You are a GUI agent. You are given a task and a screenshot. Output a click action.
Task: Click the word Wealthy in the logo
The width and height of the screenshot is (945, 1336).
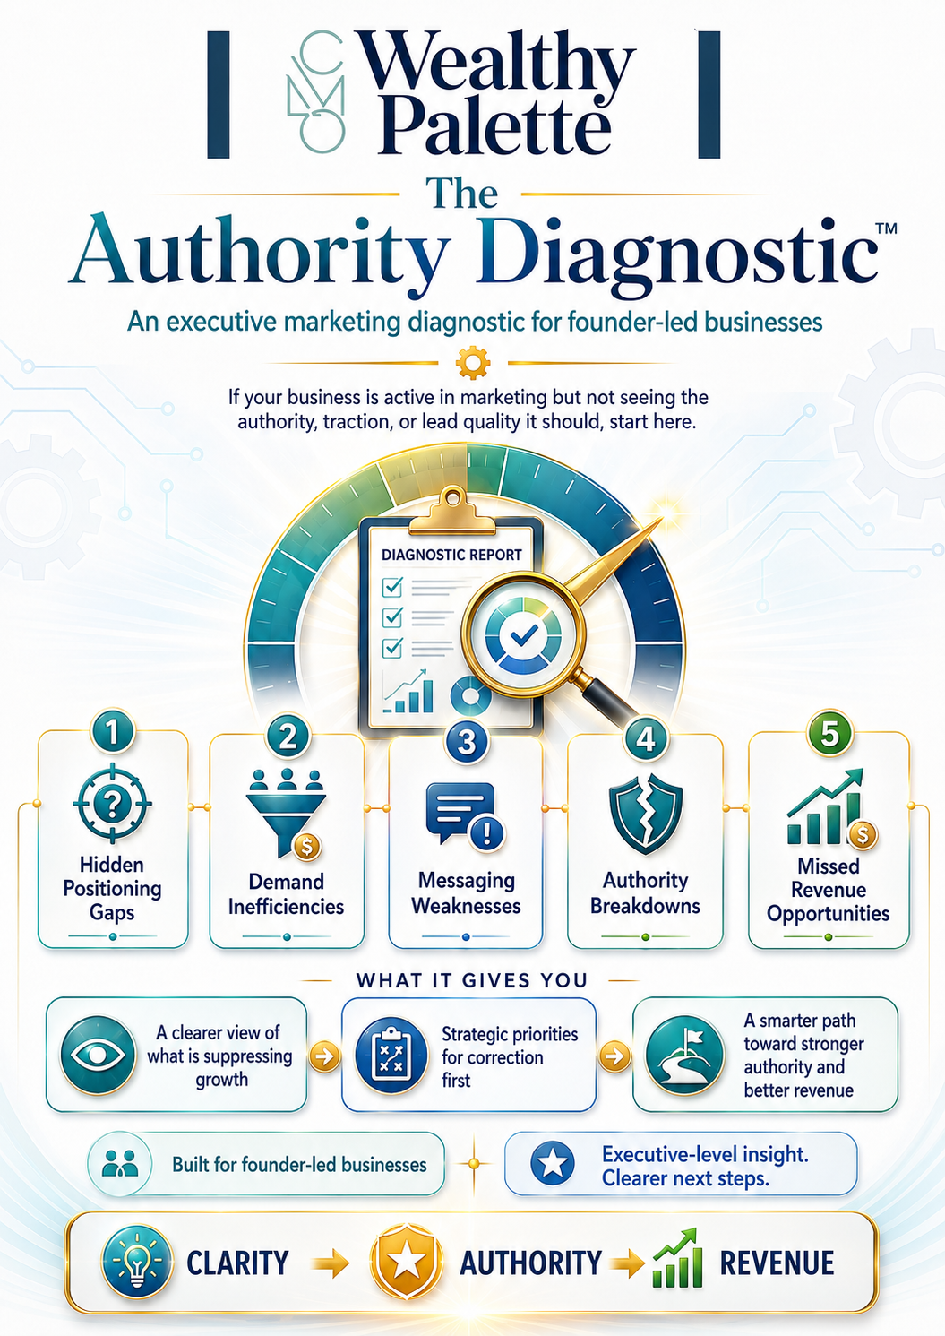point(498,64)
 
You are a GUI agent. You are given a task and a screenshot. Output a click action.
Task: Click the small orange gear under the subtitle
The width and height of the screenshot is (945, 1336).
point(472,362)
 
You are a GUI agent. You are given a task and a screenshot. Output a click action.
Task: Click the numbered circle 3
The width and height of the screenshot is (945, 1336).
point(467,741)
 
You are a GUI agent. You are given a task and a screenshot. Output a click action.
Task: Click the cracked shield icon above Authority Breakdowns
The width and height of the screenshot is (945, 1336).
point(646,813)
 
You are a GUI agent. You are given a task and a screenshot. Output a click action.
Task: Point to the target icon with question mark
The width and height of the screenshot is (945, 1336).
point(112,803)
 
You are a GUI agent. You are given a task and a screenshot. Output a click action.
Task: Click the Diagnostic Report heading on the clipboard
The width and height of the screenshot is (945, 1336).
point(451,555)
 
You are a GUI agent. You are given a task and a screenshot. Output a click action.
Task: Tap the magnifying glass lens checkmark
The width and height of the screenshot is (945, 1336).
point(523,636)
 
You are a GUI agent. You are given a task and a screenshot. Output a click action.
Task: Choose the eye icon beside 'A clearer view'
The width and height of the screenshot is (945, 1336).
point(99,1055)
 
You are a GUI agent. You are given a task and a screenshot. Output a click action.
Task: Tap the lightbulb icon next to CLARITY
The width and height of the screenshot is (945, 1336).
point(138,1262)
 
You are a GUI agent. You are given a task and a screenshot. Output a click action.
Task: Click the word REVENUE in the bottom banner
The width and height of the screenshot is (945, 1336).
point(777,1263)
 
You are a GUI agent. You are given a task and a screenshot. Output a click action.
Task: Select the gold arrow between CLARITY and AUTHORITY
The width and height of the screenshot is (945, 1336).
point(331,1263)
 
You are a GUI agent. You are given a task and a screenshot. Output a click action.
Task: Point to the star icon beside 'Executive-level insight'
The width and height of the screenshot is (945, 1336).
point(553,1162)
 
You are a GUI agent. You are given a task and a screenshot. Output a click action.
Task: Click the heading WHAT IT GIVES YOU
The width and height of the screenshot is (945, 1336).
point(472,980)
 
